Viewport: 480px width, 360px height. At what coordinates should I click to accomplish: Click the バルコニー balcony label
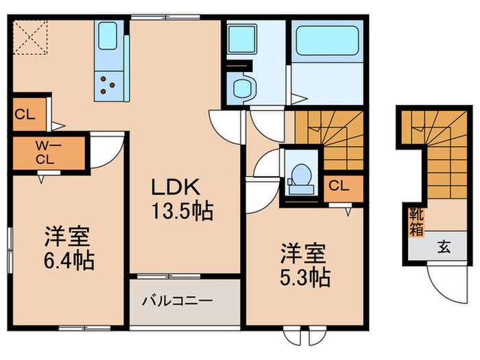tap(178, 300)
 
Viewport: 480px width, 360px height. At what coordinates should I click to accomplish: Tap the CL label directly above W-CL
tap(26, 115)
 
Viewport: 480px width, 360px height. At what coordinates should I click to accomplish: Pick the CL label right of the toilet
tap(339, 186)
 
